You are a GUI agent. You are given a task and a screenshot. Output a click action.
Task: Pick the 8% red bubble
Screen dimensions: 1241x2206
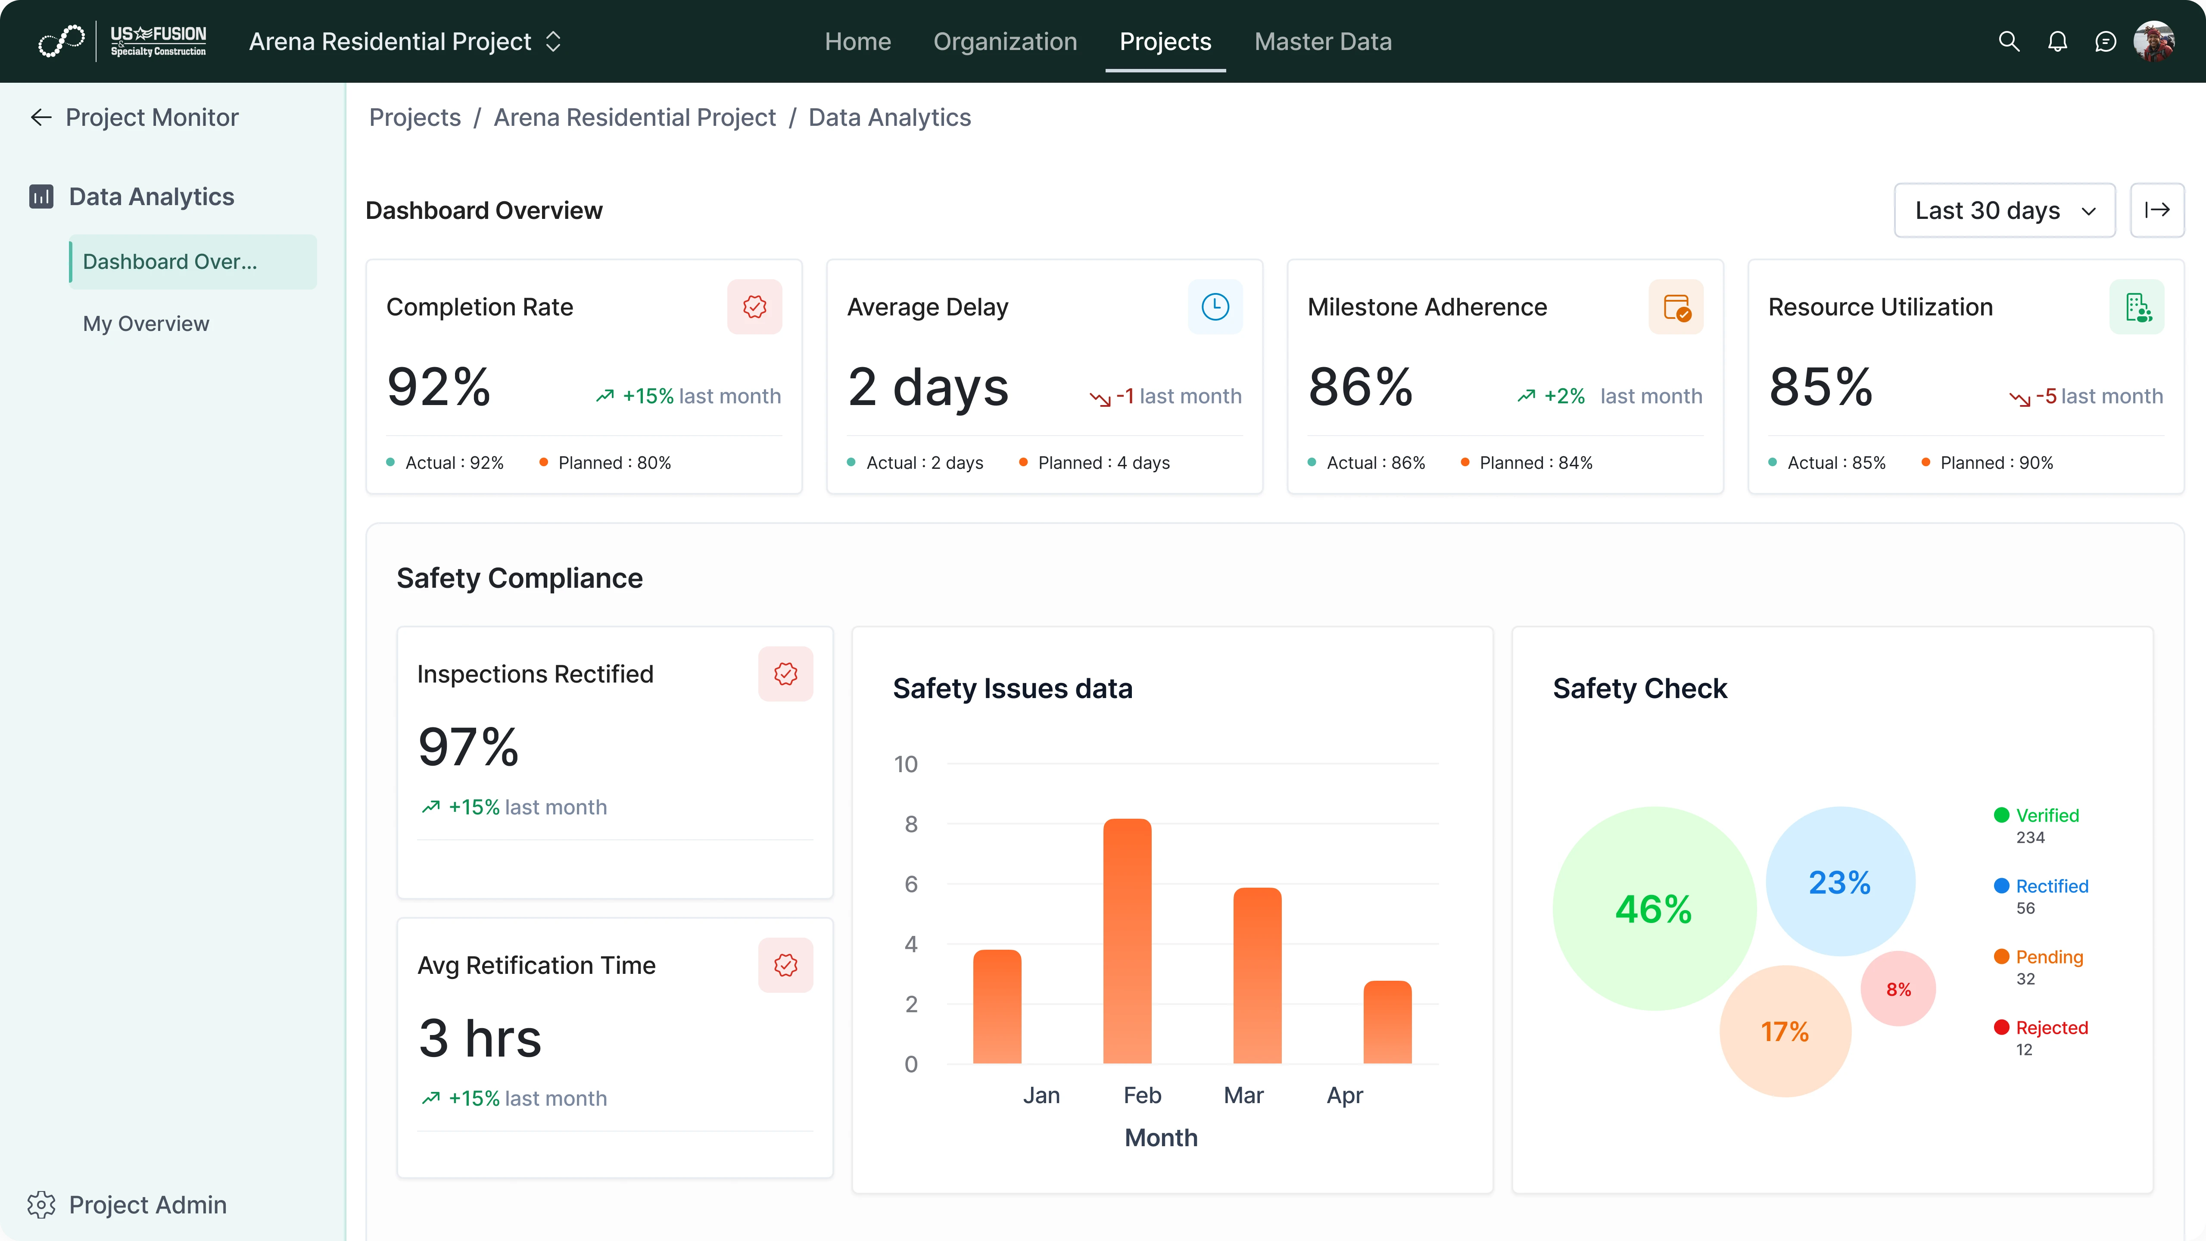(1898, 989)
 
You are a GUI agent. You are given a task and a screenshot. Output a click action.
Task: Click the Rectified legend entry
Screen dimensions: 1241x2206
(2051, 886)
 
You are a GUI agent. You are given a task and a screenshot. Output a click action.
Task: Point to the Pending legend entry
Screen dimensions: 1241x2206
(2048, 957)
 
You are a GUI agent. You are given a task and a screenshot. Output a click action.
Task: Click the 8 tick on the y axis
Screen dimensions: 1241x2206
(910, 824)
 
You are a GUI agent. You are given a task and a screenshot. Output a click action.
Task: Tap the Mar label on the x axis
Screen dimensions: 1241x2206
(1243, 1095)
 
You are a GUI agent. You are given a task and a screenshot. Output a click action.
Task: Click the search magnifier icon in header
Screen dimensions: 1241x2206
(2008, 41)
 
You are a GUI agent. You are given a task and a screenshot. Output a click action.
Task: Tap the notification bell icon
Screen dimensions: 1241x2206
(2057, 41)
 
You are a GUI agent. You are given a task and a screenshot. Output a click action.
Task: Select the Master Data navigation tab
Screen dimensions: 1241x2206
(1322, 41)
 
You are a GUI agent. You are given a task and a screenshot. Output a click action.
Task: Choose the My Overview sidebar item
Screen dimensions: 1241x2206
(146, 324)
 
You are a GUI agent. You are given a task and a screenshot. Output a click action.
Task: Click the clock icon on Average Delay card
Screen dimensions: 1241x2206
(1214, 307)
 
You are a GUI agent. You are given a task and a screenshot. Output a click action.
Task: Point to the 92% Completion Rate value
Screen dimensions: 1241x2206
(439, 387)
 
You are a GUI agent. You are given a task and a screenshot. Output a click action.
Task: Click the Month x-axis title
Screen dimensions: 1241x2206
(1160, 1138)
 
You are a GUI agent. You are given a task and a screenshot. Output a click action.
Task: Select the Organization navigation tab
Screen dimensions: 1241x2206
(1004, 41)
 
